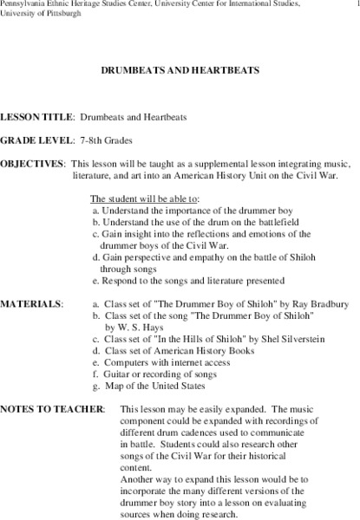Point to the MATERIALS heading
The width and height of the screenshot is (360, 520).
click(32, 304)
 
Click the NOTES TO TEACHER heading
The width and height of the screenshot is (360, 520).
click(53, 407)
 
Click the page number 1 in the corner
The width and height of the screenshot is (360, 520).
click(354, 5)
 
